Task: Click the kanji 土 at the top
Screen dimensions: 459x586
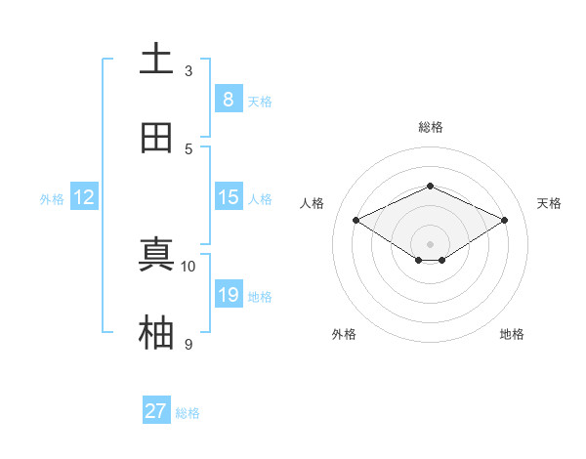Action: click(156, 60)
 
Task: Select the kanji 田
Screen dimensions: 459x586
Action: click(156, 138)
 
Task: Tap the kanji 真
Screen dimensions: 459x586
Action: click(156, 255)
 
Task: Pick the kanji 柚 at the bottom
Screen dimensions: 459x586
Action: click(156, 333)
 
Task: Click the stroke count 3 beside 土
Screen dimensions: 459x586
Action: click(188, 70)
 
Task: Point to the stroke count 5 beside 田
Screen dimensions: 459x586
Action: click(188, 148)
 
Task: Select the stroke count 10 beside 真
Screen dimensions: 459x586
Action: click(188, 266)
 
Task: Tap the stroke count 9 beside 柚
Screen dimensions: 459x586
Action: click(188, 344)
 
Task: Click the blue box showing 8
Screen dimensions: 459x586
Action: click(228, 99)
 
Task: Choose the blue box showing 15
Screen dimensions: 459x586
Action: click(228, 196)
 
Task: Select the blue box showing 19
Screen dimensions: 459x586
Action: click(228, 294)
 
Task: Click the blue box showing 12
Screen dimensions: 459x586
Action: click(84, 196)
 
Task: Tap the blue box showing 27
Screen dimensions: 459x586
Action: click(156, 411)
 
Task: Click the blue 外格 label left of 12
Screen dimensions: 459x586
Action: click(52, 198)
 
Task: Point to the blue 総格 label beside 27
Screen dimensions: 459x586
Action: click(188, 413)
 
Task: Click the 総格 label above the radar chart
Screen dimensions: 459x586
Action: click(430, 127)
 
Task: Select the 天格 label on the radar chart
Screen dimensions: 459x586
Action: click(549, 203)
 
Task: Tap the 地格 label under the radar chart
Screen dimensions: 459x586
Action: click(512, 334)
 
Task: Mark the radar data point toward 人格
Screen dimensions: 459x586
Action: click(356, 220)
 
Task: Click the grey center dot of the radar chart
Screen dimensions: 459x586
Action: click(430, 243)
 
